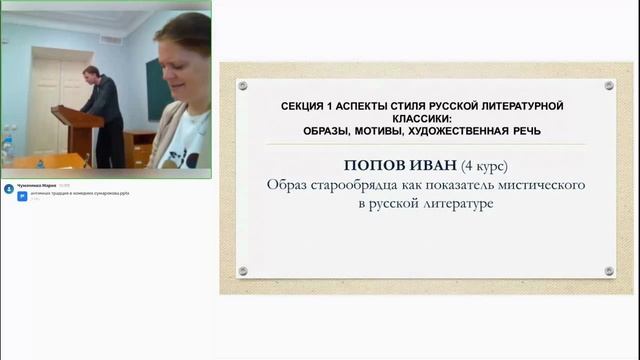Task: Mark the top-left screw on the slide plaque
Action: pyautogui.click(x=243, y=86)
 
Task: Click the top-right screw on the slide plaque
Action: pyautogui.click(x=608, y=86)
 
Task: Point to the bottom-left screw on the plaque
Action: pyautogui.click(x=243, y=270)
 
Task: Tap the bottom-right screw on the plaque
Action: pyautogui.click(x=608, y=270)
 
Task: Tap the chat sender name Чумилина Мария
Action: pyautogui.click(x=30, y=186)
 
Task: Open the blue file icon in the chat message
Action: pyautogui.click(x=8, y=195)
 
